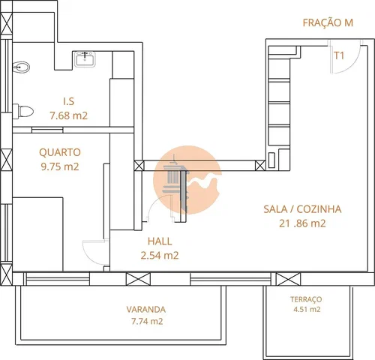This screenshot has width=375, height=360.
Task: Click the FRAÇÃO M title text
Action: pyautogui.click(x=328, y=22)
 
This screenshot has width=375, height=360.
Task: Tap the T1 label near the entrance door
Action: pyautogui.click(x=339, y=55)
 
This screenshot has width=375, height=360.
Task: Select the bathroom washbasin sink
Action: pyautogui.click(x=85, y=59)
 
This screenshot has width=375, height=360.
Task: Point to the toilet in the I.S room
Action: pyautogui.click(x=23, y=111)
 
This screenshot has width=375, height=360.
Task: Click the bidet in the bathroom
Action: pyautogui.click(x=21, y=67)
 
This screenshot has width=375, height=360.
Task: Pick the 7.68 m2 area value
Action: pyautogui.click(x=69, y=115)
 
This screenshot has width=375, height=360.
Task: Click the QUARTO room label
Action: pyautogui.click(x=60, y=152)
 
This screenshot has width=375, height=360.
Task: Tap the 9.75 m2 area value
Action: pyautogui.click(x=60, y=166)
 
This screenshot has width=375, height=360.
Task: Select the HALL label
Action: pyautogui.click(x=160, y=241)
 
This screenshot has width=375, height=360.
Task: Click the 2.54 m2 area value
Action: pyautogui.click(x=160, y=256)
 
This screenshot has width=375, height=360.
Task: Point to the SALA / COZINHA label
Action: pyautogui.click(x=302, y=209)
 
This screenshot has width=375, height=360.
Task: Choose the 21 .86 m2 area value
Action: pyautogui.click(x=302, y=223)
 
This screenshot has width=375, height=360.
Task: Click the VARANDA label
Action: pyautogui.click(x=146, y=310)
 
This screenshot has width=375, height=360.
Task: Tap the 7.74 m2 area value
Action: pyautogui.click(x=147, y=321)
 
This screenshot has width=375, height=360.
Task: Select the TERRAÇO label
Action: pyautogui.click(x=306, y=299)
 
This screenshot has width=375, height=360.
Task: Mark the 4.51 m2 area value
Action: pyautogui.click(x=307, y=309)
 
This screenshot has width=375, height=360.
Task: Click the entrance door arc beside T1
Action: pyautogui.click(x=353, y=65)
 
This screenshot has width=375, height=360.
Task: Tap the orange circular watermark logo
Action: pyautogui.click(x=187, y=180)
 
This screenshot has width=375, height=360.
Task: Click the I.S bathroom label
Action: pyautogui.click(x=69, y=101)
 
